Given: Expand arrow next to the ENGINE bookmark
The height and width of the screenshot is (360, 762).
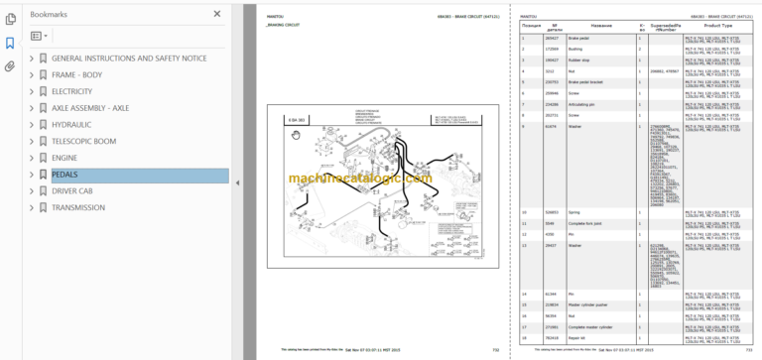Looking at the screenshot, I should [x=32, y=159].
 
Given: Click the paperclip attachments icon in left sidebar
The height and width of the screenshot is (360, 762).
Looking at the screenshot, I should [x=10, y=66].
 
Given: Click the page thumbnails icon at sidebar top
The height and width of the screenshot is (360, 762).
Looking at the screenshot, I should [x=10, y=19].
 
